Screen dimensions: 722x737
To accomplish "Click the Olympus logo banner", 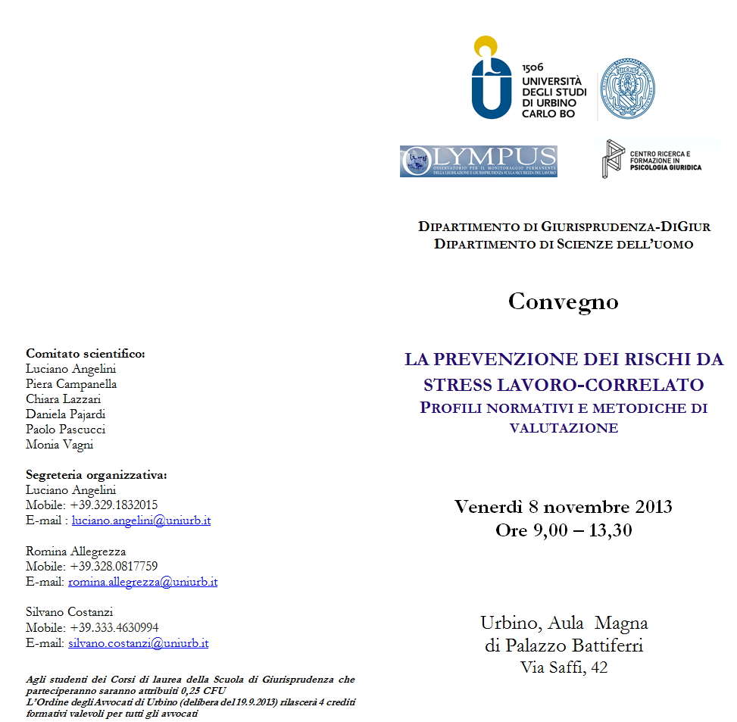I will coord(478,161).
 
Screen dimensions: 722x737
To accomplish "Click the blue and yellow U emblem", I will coord(492,79).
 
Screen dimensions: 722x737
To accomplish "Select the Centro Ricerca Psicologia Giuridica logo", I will coord(651,159).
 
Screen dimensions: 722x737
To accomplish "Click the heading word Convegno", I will coord(563,302).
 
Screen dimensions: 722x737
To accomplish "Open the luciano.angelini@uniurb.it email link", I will coord(141,520).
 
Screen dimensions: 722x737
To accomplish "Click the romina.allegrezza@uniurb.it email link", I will coord(142,582).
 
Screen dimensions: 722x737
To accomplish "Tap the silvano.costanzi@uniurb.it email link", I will coord(138,643).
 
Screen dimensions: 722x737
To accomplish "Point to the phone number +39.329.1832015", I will coord(114,505).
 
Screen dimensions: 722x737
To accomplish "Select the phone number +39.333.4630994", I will coord(114,627).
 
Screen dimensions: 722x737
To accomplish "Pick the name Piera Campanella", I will coord(71,384).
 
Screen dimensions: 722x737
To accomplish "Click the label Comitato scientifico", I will coord(85,353).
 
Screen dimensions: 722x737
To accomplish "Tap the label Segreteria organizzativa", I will coord(96,475).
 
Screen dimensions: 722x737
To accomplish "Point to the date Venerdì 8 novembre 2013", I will coord(563,506).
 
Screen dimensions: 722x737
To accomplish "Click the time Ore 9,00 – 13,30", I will coord(563,530).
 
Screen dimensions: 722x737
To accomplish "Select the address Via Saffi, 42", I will coord(564,667).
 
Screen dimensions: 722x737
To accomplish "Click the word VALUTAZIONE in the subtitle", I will coord(564,428).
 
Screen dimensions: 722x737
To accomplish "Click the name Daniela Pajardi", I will coord(65,414).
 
